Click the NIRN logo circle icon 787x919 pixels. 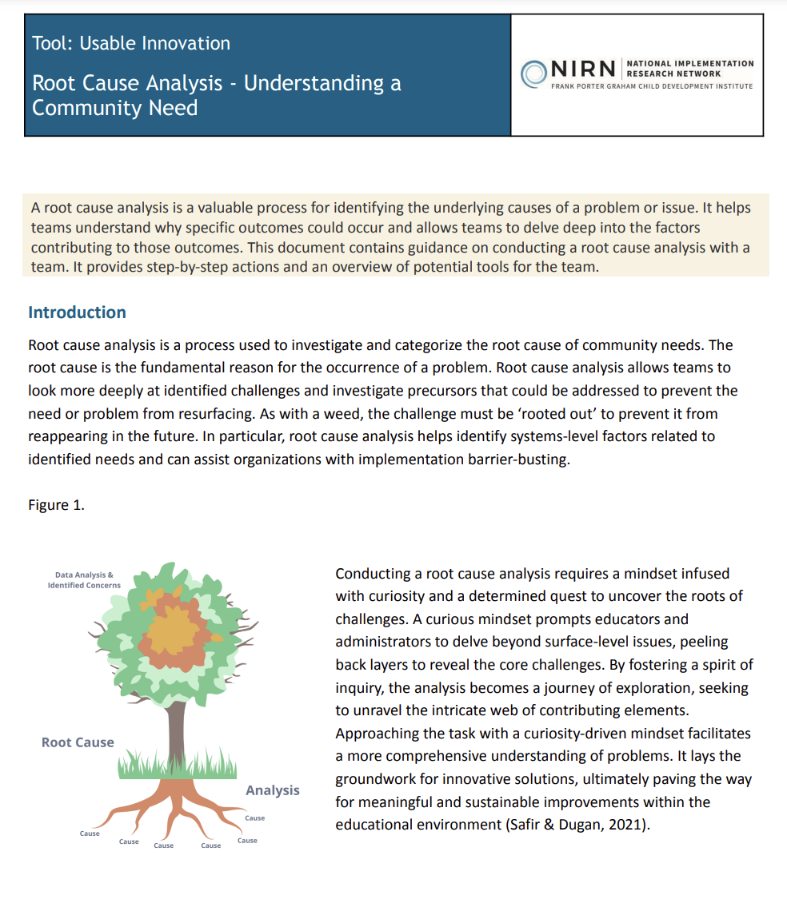pyautogui.click(x=533, y=73)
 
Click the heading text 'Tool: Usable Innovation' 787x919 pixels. pyautogui.click(x=131, y=43)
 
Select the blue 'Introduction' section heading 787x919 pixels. pyautogui.click(x=77, y=312)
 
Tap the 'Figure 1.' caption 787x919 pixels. pyautogui.click(x=56, y=505)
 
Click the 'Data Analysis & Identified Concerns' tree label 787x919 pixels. pyautogui.click(x=84, y=580)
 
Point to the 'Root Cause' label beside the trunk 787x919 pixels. pyautogui.click(x=78, y=742)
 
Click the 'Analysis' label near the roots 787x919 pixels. pyautogui.click(x=273, y=790)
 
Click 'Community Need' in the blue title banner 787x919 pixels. pyautogui.click(x=114, y=108)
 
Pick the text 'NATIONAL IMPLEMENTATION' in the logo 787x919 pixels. pyautogui.click(x=690, y=63)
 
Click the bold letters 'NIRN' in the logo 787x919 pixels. pyautogui.click(x=583, y=70)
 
